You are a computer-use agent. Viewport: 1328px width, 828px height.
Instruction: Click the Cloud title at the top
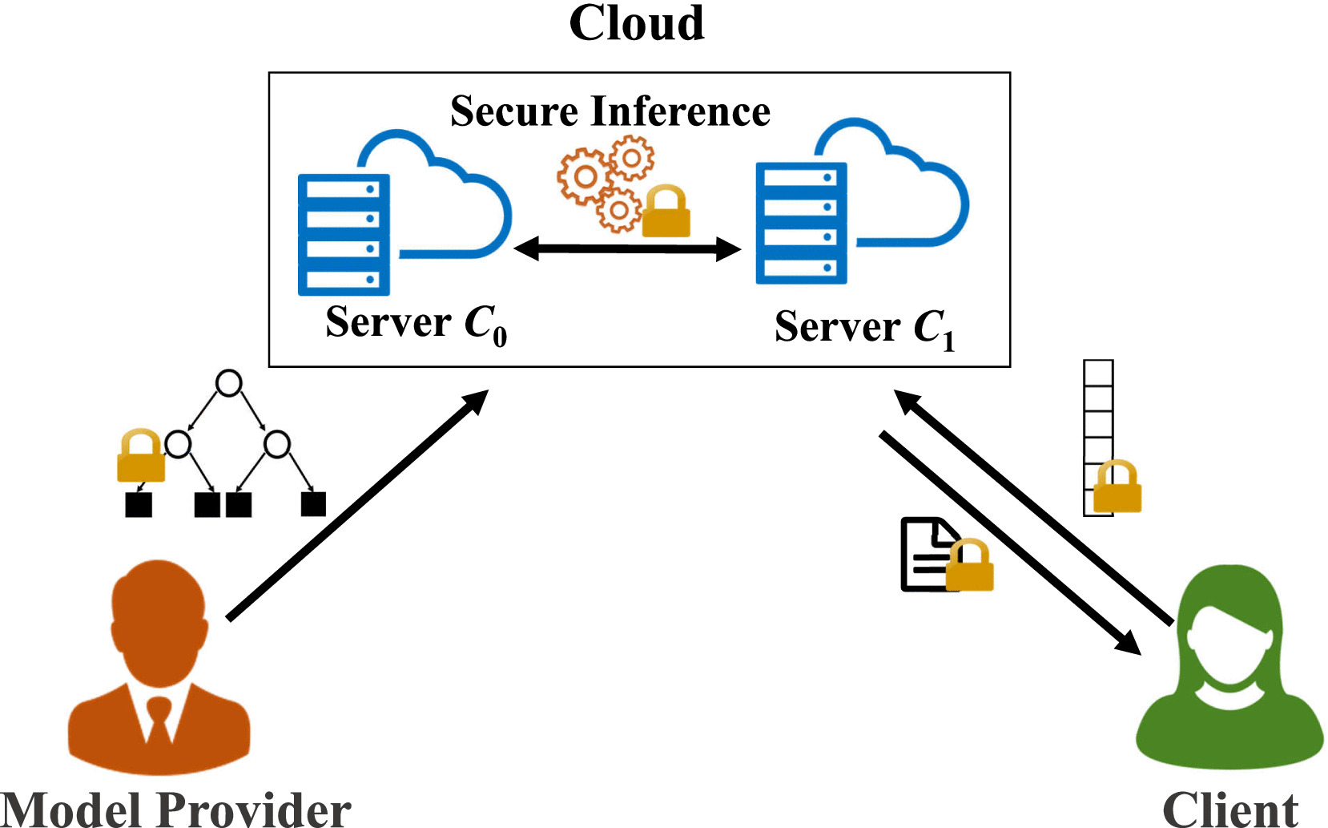click(x=637, y=24)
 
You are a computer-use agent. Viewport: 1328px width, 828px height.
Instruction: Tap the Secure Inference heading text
click(x=610, y=111)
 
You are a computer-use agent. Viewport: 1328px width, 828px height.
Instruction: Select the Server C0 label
click(x=416, y=324)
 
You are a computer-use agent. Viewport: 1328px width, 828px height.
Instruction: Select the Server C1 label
click(x=864, y=328)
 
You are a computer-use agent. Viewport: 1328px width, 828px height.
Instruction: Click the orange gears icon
click(x=605, y=183)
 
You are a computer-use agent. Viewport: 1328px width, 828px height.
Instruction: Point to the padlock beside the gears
click(x=666, y=212)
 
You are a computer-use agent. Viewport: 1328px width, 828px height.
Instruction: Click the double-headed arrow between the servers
click(x=627, y=249)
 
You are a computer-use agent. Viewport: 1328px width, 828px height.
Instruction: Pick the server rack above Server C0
click(x=344, y=235)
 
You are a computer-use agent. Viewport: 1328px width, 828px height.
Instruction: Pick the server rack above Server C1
click(x=801, y=223)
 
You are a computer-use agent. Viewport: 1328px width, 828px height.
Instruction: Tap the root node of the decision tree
click(x=229, y=383)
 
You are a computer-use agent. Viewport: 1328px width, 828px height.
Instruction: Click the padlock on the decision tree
click(x=141, y=456)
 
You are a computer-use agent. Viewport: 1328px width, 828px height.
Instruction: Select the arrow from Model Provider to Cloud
click(x=357, y=505)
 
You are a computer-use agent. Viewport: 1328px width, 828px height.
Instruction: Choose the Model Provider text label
click(x=175, y=810)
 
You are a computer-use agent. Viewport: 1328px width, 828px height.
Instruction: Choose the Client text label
click(x=1229, y=810)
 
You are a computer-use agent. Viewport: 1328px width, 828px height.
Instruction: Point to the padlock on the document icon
click(x=970, y=566)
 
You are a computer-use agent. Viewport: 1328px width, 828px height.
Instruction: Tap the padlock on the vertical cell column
click(x=1117, y=487)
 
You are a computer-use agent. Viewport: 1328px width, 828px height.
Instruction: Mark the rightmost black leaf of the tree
click(x=313, y=504)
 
